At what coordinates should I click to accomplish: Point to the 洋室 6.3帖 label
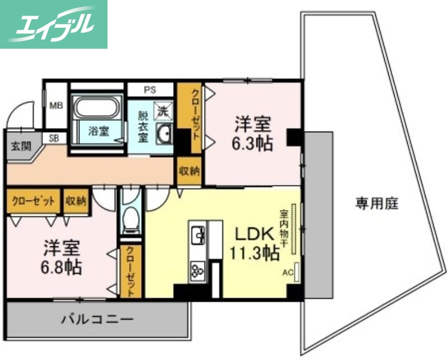point(253,133)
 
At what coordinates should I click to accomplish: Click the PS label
point(150,90)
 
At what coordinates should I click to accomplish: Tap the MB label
point(56,105)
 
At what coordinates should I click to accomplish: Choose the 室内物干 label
point(284,228)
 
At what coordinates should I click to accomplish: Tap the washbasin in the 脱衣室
point(165,134)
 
